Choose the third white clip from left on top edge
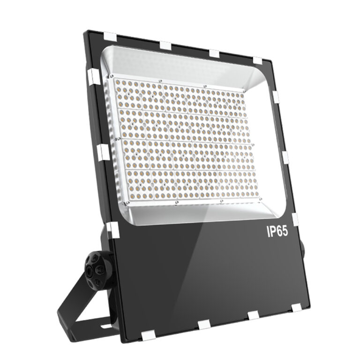[x=214, y=52]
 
